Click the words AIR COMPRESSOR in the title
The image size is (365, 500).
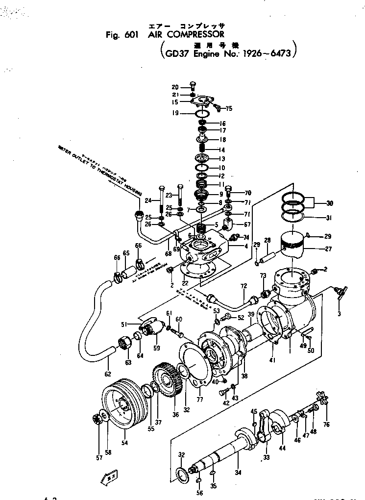(x=186, y=35)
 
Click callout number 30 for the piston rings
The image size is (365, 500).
(x=329, y=202)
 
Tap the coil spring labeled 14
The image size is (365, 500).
(x=200, y=149)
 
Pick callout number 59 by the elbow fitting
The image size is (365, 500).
(x=156, y=349)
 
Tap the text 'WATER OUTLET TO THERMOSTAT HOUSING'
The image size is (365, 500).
(x=98, y=169)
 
